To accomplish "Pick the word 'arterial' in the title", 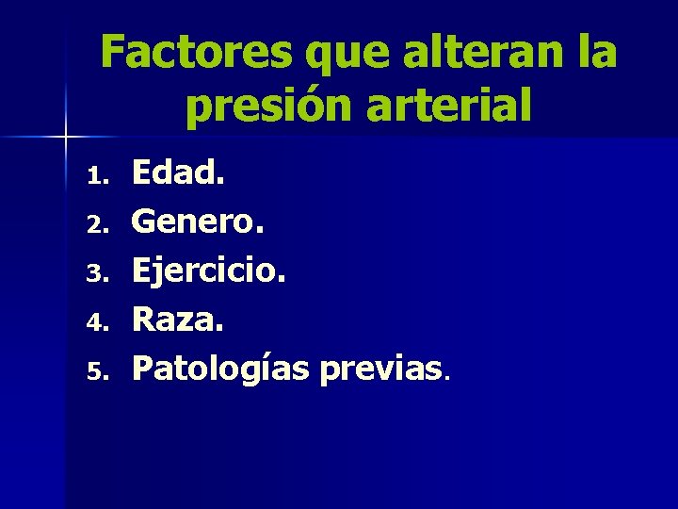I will pos(453,106).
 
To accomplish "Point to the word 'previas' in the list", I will pos(379,369).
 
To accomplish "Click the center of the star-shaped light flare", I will pos(67,138).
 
